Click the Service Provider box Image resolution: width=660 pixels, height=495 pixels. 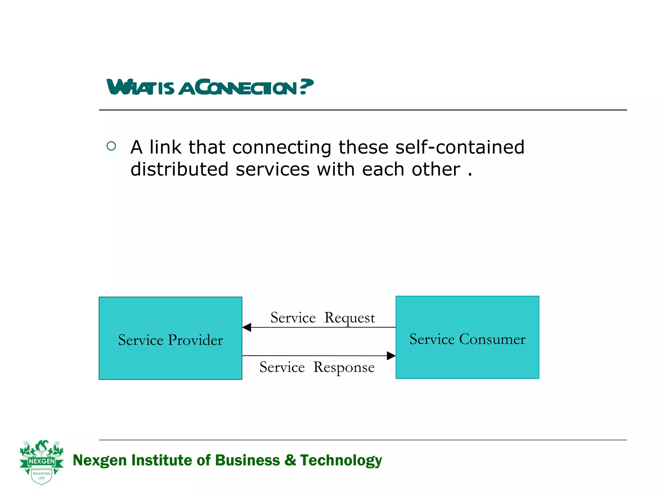(170, 338)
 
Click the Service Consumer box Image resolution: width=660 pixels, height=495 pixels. (467, 337)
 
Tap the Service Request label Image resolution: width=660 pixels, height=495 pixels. (323, 318)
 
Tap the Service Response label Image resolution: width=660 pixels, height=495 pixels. (317, 367)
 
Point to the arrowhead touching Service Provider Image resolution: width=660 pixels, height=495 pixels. (247, 327)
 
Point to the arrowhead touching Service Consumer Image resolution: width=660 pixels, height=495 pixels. (391, 356)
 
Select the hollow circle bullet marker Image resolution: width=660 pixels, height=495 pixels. (111, 146)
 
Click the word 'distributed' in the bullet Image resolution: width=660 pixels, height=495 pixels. (179, 169)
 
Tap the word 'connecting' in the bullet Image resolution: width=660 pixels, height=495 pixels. (281, 148)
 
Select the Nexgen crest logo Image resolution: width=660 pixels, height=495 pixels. (42, 461)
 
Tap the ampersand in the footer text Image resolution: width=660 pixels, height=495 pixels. (290, 460)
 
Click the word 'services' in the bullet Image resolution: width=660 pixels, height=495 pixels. (272, 169)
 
